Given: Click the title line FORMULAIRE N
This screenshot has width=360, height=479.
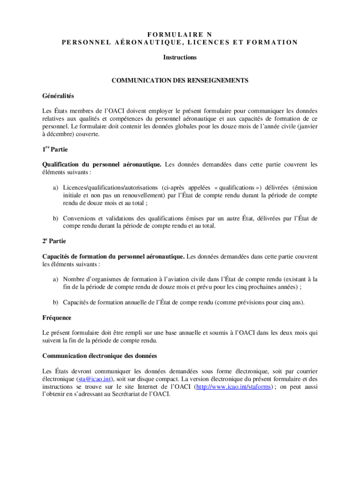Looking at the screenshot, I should (x=180, y=34).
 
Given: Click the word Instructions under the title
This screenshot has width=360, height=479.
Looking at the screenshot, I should (x=180, y=58).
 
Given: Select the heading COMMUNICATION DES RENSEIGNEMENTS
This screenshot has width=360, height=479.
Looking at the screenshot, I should (x=180, y=80).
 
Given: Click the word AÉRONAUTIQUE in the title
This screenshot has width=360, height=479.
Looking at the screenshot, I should (x=149, y=42).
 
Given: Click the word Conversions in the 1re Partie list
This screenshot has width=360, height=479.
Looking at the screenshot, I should (x=79, y=218).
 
